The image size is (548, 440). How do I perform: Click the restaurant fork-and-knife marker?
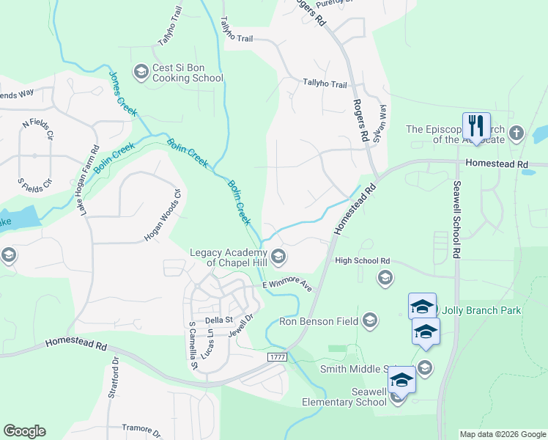tap(476, 125)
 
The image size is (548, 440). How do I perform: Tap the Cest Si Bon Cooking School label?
tap(187, 73)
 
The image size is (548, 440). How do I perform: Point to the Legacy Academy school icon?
tap(278, 257)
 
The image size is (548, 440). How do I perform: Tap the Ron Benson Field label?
tap(319, 321)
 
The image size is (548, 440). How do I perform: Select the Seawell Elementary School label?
tap(346, 397)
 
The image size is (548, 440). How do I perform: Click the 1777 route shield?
tap(276, 356)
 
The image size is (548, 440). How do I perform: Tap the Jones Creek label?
tap(122, 92)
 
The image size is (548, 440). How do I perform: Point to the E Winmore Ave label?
tap(287, 285)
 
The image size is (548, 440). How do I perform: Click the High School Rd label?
tap(362, 261)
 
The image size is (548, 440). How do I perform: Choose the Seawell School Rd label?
tap(456, 219)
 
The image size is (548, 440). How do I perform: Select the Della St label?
tap(218, 320)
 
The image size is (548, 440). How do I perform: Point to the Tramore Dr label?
tap(141, 428)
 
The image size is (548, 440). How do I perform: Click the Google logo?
tap(24, 431)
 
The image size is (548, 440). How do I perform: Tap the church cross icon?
tap(516, 133)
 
